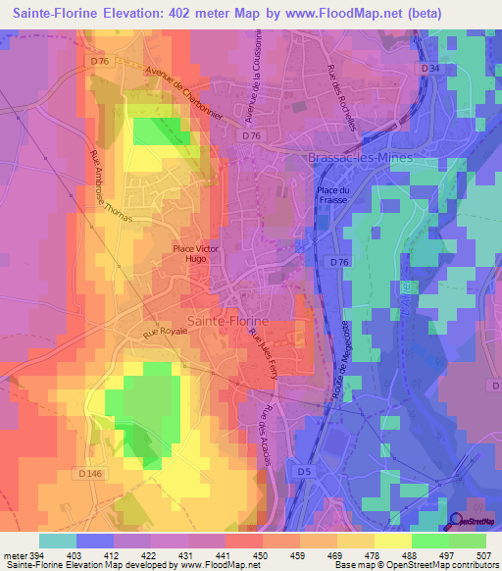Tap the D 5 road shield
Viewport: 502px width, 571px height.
click(x=305, y=473)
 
